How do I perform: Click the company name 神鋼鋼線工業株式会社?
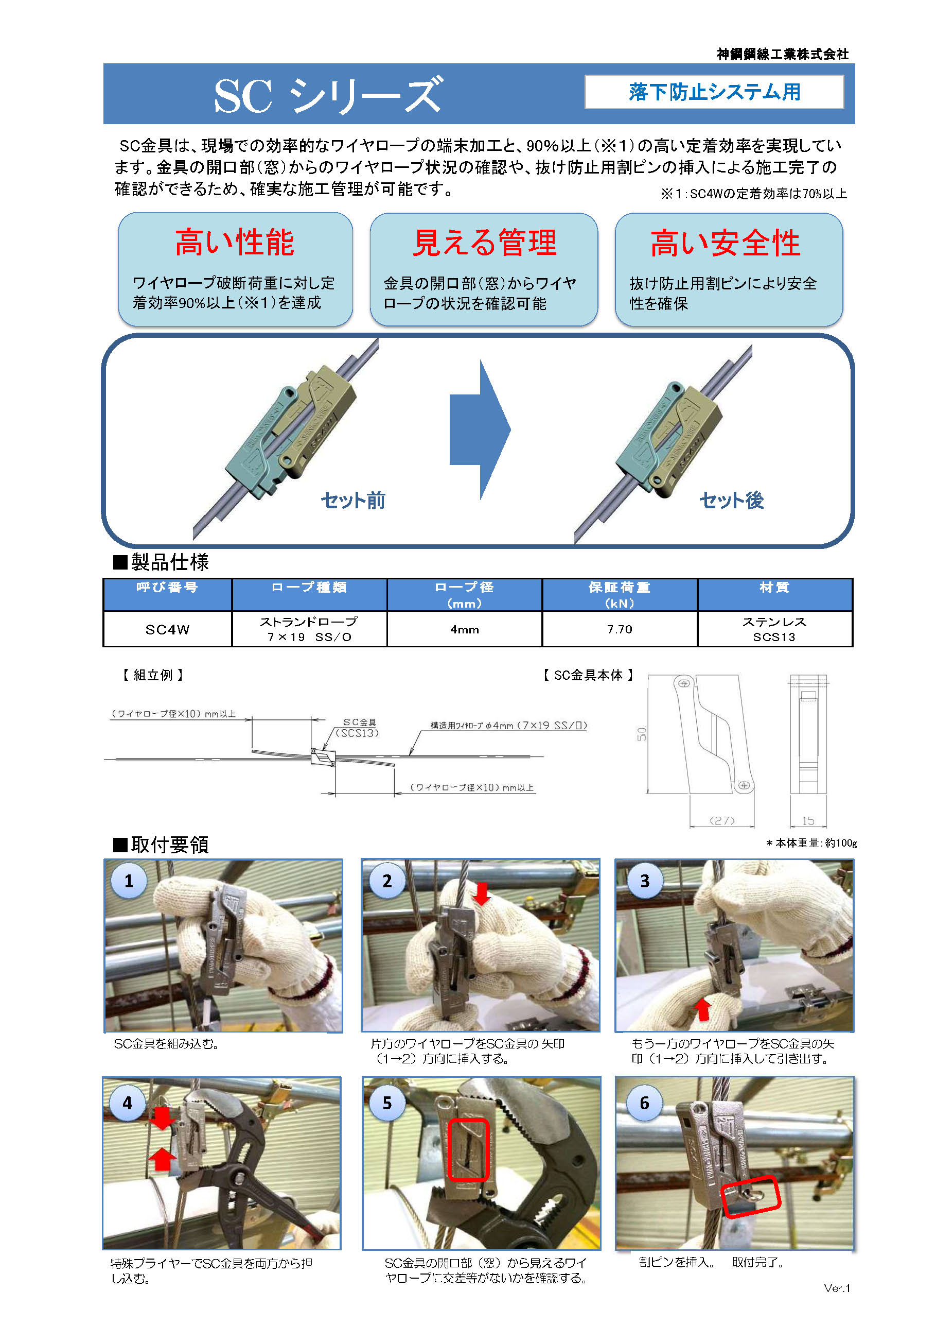pos(782,54)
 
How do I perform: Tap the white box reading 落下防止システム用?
pos(714,92)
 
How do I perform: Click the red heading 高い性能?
pos(235,242)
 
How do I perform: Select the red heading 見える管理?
pos(484,242)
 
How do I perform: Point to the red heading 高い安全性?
pos(725,243)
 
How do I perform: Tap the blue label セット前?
pos(353,500)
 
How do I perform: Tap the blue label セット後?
pos(731,500)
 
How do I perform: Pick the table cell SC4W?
pos(167,629)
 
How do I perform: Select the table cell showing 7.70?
pos(620,629)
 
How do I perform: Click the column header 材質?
pos(774,588)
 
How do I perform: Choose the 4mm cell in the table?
pos(464,629)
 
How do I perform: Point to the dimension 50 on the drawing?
pos(642,733)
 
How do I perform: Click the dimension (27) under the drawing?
pos(721,820)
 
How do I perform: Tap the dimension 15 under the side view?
pos(808,820)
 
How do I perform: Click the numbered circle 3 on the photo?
pos(644,881)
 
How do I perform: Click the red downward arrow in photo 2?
pos(482,893)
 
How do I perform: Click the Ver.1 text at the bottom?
pos(836,1288)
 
